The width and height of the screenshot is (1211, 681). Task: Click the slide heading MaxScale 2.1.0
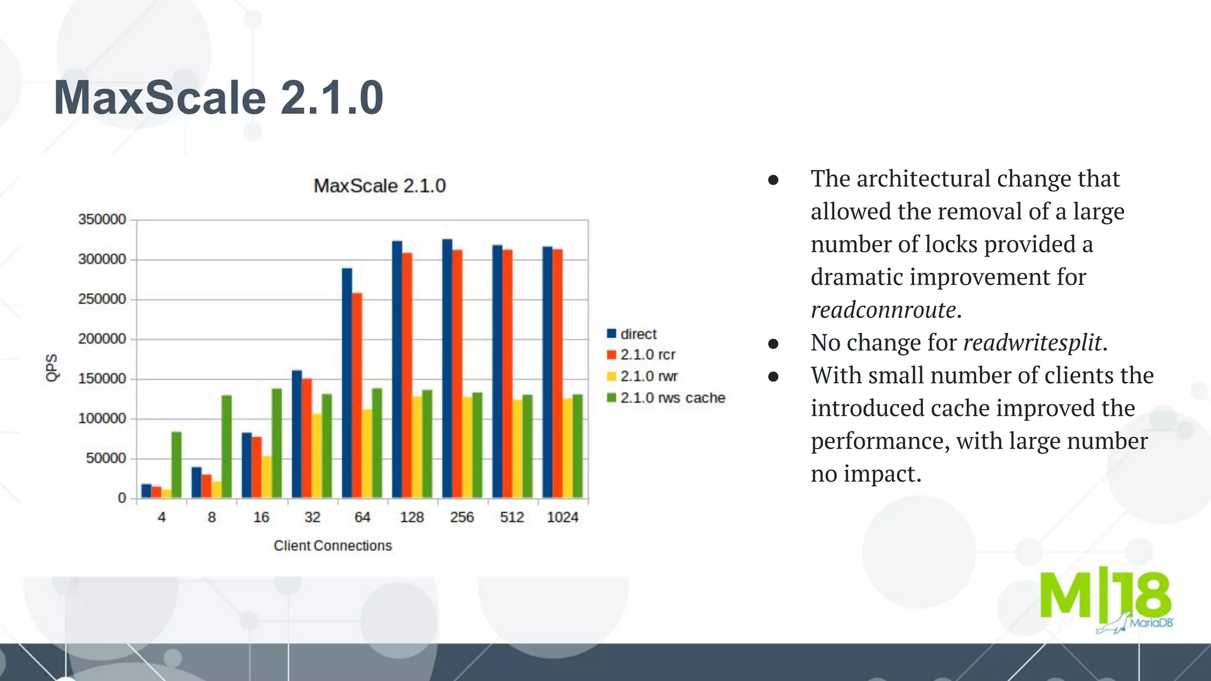point(218,98)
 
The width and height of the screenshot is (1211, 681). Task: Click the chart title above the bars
point(379,186)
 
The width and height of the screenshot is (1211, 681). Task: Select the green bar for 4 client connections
point(176,465)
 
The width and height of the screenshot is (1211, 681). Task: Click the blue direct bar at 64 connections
point(347,383)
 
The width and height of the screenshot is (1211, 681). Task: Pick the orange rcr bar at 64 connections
point(357,395)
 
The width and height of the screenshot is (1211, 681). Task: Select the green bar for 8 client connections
point(226,446)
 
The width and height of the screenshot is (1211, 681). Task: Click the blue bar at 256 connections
point(447,368)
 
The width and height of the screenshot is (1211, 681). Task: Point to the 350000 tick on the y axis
point(102,219)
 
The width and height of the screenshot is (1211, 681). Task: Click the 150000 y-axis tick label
point(102,378)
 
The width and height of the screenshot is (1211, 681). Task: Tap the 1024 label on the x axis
point(562,517)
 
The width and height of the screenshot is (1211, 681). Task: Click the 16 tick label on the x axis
point(261,517)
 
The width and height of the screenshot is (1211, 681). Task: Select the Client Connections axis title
point(332,546)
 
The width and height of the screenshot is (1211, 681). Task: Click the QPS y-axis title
point(52,368)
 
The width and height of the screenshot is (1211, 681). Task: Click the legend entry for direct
point(638,334)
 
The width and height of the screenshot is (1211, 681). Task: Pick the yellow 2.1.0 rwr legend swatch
point(611,377)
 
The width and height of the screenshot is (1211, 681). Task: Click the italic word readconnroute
point(883,310)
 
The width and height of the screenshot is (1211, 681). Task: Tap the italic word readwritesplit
point(1032,343)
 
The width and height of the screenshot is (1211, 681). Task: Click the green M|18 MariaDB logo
point(1106,600)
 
